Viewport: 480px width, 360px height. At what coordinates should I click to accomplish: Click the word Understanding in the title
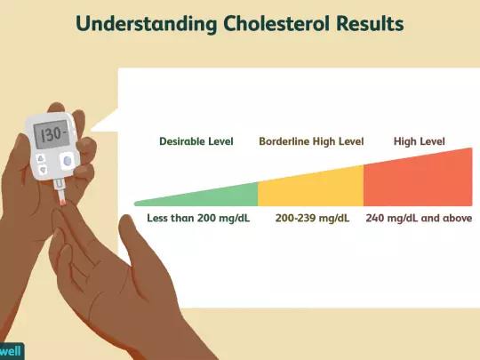click(147, 24)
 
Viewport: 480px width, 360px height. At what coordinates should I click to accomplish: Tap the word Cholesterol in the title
click(276, 23)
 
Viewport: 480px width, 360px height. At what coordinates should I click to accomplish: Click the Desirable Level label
click(196, 141)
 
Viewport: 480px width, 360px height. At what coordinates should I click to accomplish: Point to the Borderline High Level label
click(311, 141)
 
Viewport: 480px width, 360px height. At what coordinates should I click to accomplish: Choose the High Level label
click(419, 141)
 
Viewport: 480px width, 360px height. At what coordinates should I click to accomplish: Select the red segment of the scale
click(418, 179)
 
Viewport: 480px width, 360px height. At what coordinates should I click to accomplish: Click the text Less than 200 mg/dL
click(198, 218)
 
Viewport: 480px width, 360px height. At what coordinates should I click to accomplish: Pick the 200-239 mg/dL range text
click(312, 218)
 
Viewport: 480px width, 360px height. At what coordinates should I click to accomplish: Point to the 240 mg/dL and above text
click(419, 218)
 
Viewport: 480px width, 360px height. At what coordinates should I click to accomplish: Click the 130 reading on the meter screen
click(52, 134)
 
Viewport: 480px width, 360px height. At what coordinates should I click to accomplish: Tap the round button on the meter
click(68, 161)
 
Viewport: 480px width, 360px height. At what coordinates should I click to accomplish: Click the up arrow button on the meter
click(41, 158)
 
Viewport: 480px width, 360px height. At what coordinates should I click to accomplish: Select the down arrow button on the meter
click(44, 169)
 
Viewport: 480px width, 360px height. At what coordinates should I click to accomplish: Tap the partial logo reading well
click(11, 351)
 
